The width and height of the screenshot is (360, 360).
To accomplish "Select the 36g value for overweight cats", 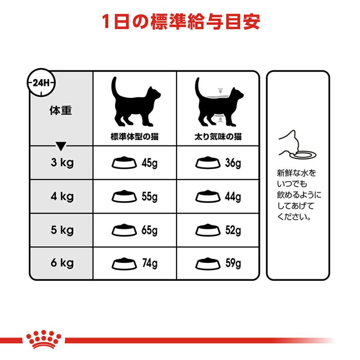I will [x=233, y=163].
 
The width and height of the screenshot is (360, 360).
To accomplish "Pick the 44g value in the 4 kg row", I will [x=233, y=197].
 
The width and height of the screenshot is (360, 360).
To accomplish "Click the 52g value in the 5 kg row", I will [x=233, y=230].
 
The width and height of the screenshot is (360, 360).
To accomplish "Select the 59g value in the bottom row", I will [x=233, y=264].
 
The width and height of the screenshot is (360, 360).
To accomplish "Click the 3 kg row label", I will [x=62, y=163].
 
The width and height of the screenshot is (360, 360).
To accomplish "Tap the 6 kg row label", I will [x=62, y=263].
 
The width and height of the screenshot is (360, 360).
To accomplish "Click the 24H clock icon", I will [x=41, y=83].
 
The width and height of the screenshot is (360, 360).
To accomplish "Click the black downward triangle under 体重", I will [x=60, y=146].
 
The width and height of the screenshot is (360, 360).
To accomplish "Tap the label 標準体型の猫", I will [x=134, y=137].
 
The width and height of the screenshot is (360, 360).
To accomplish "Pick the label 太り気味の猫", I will [x=218, y=137].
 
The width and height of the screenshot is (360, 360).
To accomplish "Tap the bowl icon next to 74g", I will [x=122, y=264].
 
